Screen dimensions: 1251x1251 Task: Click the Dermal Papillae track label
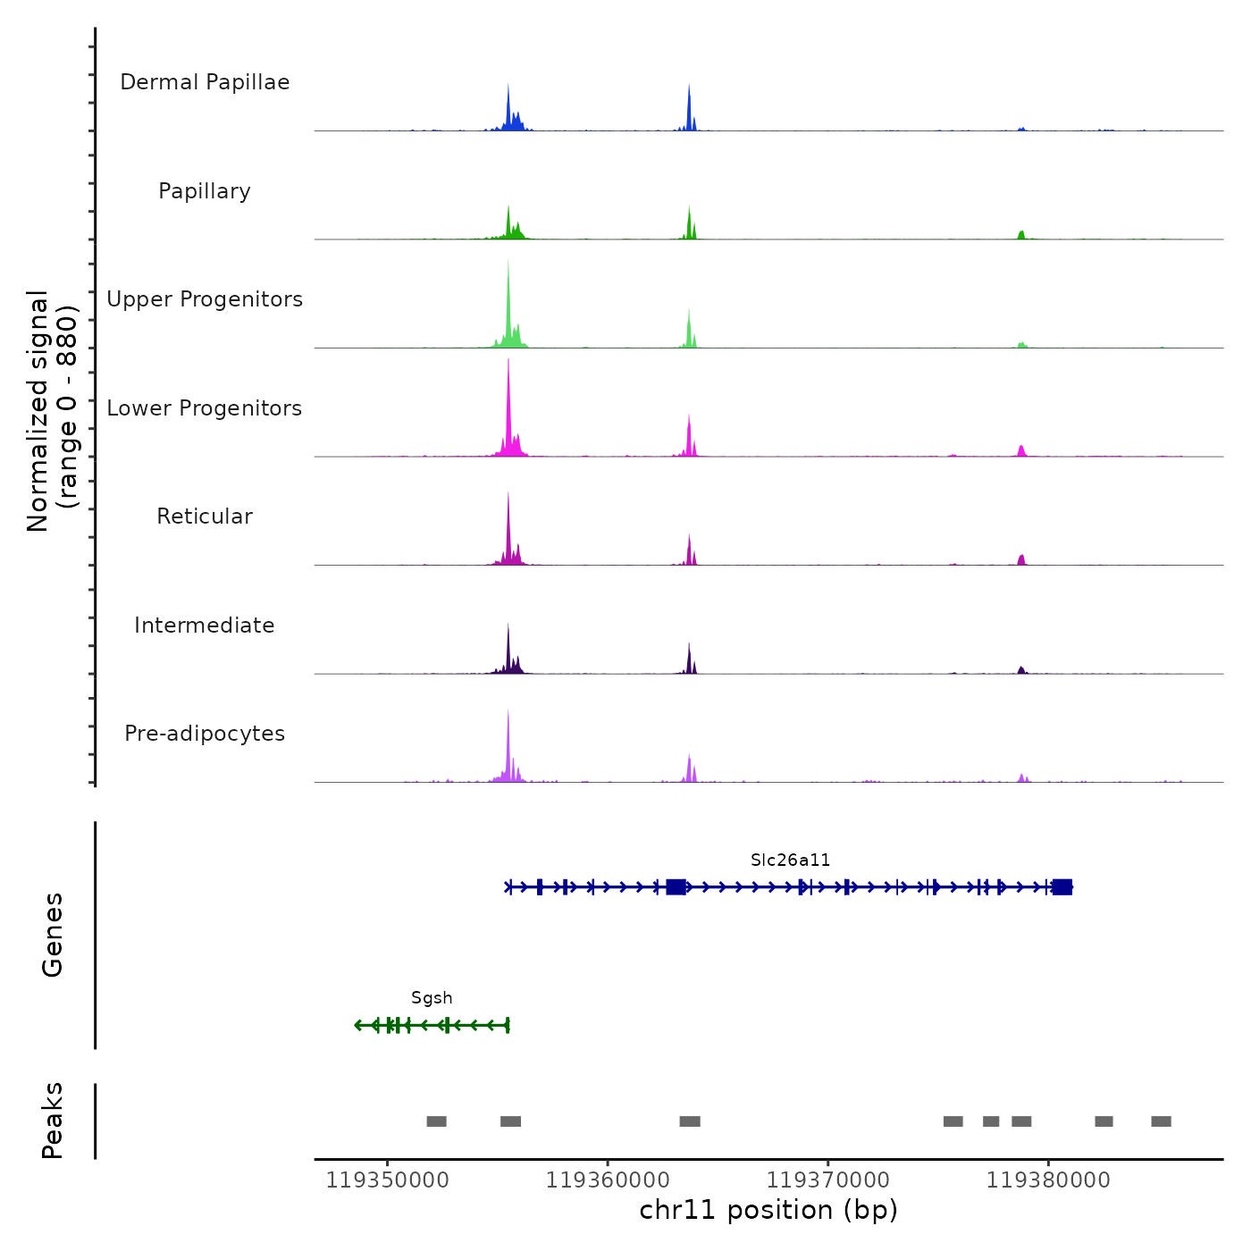[x=205, y=82]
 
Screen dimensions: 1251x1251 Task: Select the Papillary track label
[x=205, y=191]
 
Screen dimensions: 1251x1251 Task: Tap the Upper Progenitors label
[x=205, y=299]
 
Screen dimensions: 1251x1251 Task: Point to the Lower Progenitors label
[x=205, y=408]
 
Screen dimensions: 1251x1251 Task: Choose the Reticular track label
[x=205, y=516]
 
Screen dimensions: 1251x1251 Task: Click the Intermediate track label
[x=205, y=625]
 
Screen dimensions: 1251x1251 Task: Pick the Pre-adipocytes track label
[x=205, y=734]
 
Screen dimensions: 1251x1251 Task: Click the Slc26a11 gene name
[x=790, y=861]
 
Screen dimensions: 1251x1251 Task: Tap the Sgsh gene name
[x=432, y=998]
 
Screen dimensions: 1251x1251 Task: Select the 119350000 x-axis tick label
[x=388, y=1180]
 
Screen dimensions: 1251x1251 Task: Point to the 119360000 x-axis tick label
[x=608, y=1180]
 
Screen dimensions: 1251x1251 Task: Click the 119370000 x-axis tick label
[x=828, y=1180]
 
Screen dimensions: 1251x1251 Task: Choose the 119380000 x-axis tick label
[x=1048, y=1180]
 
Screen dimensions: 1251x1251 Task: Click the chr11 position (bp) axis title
[x=768, y=1210]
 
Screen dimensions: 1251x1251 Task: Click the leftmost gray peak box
[x=436, y=1121]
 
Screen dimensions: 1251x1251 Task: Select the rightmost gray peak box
[x=1161, y=1121]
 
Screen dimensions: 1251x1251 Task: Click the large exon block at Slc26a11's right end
[x=1062, y=886]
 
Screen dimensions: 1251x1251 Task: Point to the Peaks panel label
[x=53, y=1121]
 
